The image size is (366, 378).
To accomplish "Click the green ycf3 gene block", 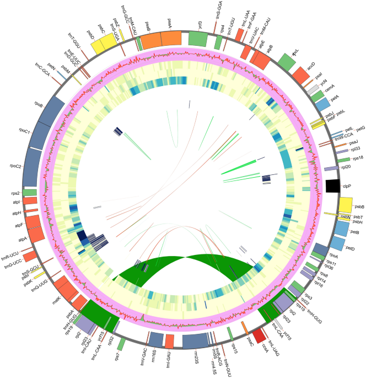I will (x=197, y=38).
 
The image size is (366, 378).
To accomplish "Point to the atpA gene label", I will (x=23, y=239).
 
